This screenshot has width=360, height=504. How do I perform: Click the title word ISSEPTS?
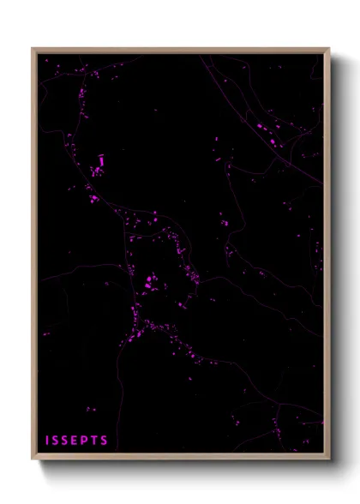pos(77,441)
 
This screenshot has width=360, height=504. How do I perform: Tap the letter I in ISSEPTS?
pos(48,441)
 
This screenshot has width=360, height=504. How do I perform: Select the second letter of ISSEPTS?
pos(57,441)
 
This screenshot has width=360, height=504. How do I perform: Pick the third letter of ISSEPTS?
pos(67,441)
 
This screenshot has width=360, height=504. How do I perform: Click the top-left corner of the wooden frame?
pos(33,49)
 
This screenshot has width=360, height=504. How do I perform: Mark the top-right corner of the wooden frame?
pos(328,49)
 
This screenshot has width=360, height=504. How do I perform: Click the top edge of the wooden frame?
pos(180,51)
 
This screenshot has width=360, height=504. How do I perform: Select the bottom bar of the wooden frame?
pos(180,455)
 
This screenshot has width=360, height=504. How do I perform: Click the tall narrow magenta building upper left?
pos(101,159)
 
